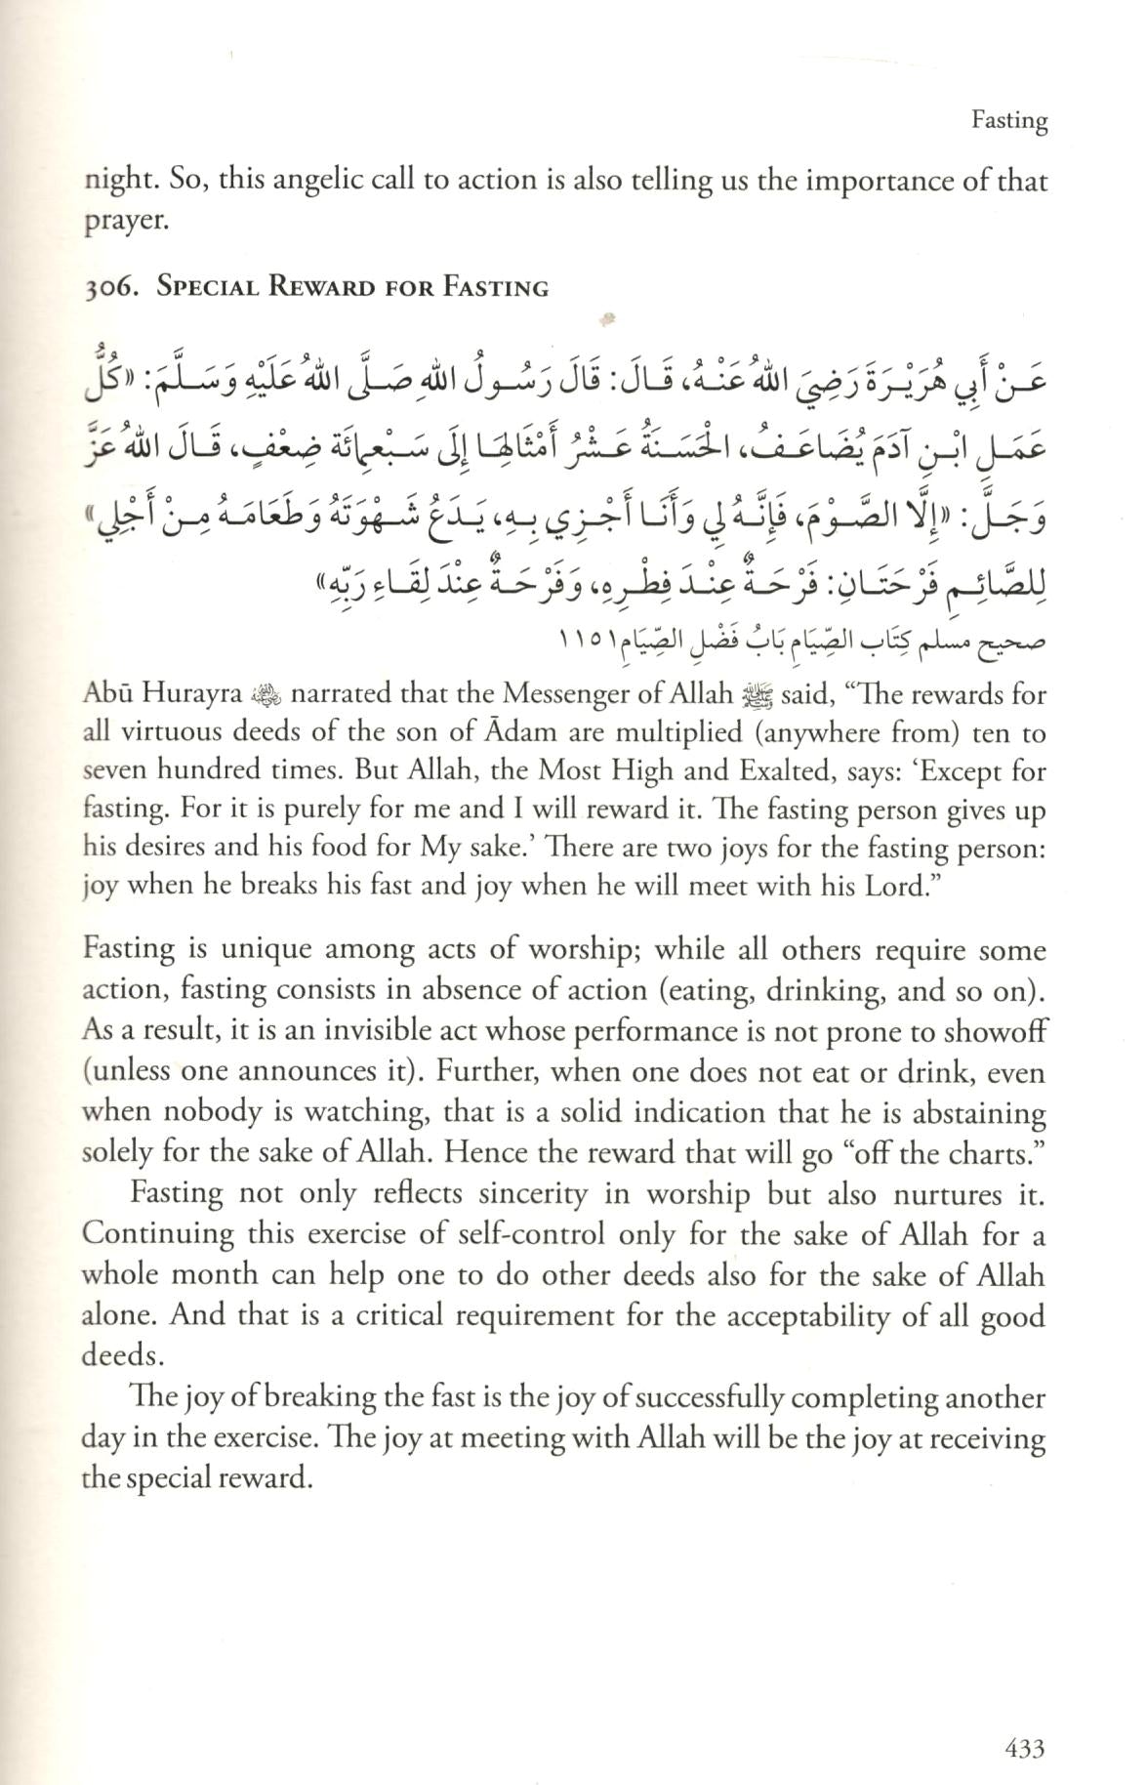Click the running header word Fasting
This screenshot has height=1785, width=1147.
pos(1009,120)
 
